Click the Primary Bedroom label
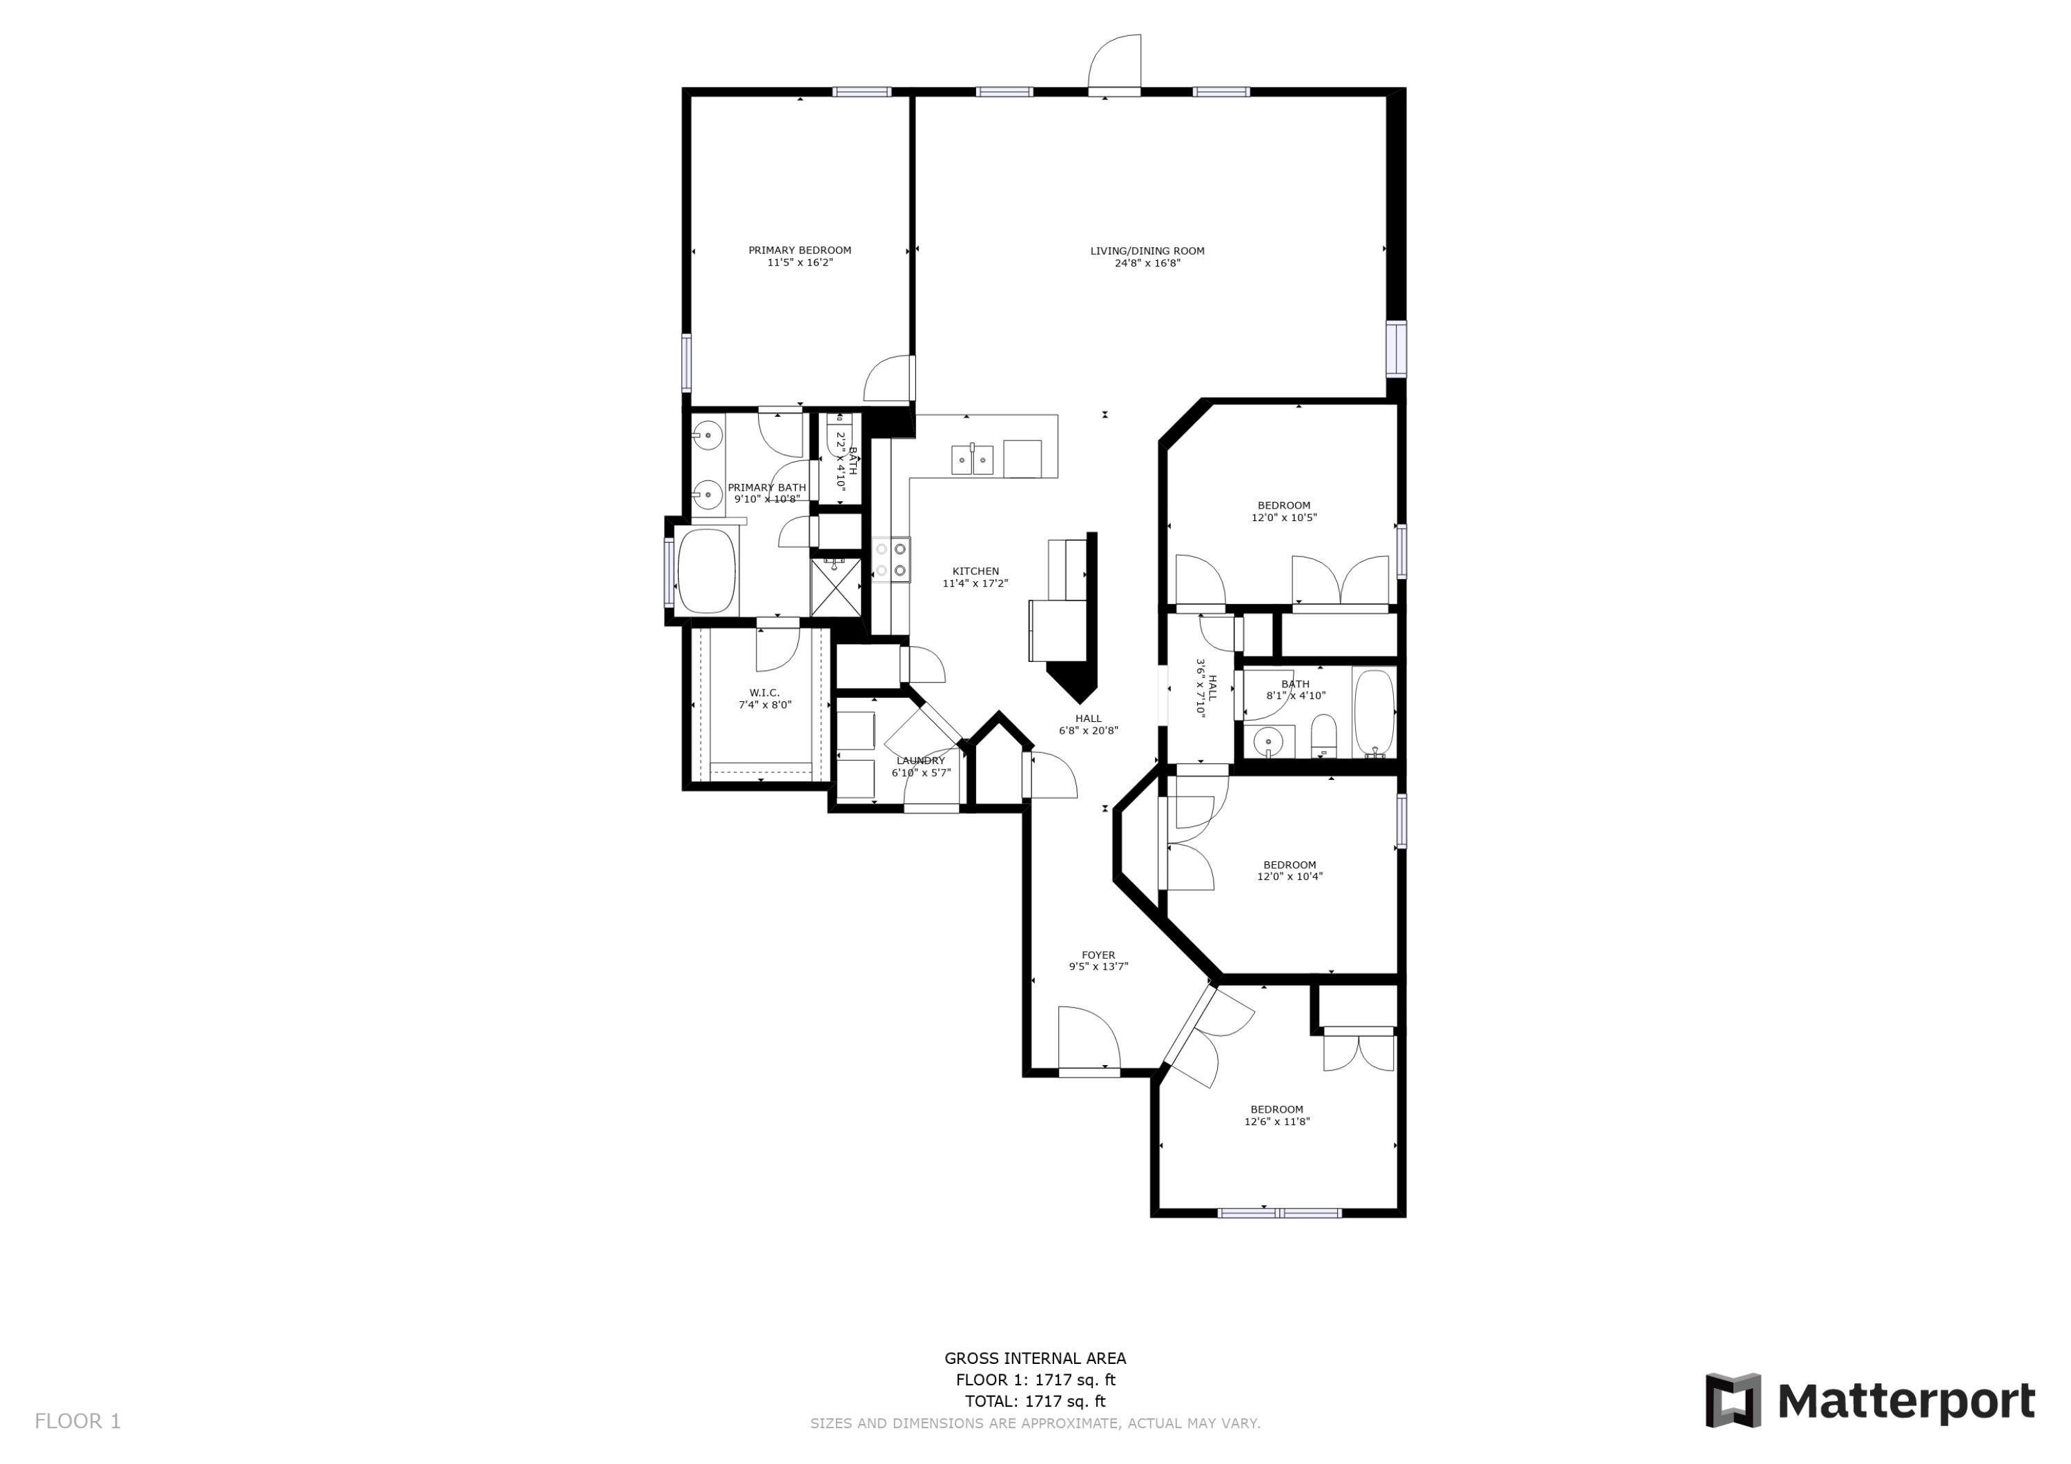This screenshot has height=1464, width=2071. point(799,251)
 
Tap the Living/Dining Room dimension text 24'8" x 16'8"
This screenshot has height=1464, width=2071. point(1147,264)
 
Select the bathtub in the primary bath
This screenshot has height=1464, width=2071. point(706,571)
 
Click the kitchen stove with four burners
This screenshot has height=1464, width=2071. point(891,559)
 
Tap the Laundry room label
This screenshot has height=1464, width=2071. point(920,761)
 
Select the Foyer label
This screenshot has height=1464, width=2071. point(1098,955)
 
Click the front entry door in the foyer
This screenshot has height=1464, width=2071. point(1088,1041)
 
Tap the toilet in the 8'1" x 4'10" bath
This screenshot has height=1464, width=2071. point(1323,736)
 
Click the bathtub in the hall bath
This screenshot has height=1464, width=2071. point(1374,712)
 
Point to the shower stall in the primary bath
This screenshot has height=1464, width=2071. point(835,586)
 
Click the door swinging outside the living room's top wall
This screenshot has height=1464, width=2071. point(1115,63)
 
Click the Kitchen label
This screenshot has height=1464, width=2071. point(975,571)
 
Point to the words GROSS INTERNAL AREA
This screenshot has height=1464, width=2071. point(1035,1358)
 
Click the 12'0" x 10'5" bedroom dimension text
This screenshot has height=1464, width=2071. point(1283,518)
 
